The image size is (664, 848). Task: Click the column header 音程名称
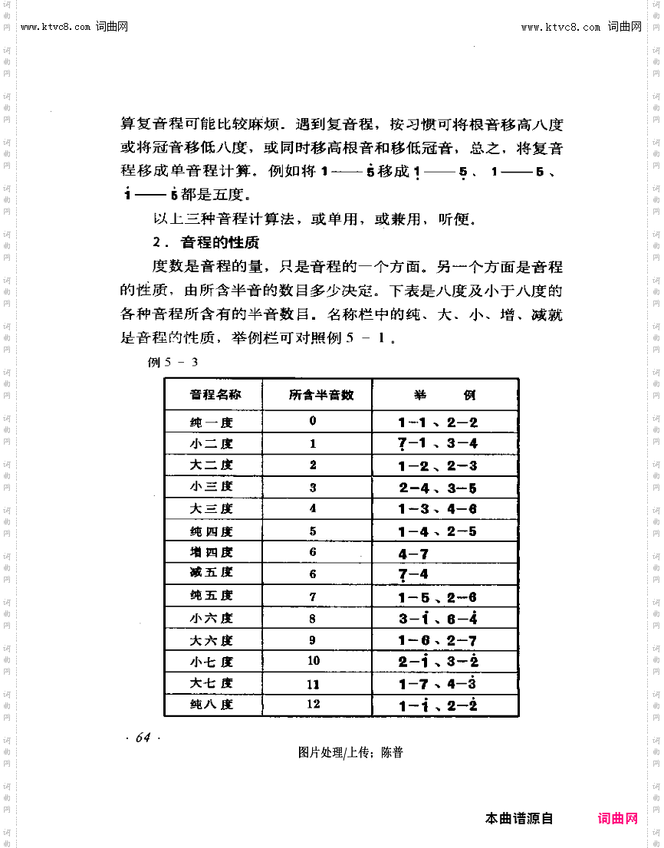click(x=215, y=395)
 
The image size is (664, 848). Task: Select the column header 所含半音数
click(x=321, y=395)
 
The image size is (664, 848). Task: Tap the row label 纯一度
click(x=212, y=422)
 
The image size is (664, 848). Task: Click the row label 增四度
click(x=212, y=552)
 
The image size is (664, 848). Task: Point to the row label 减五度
click(x=212, y=573)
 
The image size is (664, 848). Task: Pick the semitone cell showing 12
click(x=313, y=704)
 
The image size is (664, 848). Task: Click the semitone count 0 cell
click(x=313, y=421)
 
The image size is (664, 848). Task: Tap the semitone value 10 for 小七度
click(x=313, y=660)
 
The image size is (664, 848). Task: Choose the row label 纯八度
click(x=212, y=705)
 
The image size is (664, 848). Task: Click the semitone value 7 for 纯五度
click(x=313, y=596)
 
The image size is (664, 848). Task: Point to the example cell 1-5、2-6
click(x=438, y=597)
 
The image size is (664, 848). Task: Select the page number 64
click(x=143, y=738)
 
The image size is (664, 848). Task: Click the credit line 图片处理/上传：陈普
click(x=350, y=753)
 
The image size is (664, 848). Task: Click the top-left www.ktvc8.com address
click(x=74, y=27)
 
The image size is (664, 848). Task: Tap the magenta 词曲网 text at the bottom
click(x=618, y=819)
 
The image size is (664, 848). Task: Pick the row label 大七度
click(x=212, y=683)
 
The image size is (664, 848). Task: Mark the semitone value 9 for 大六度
click(x=313, y=639)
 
